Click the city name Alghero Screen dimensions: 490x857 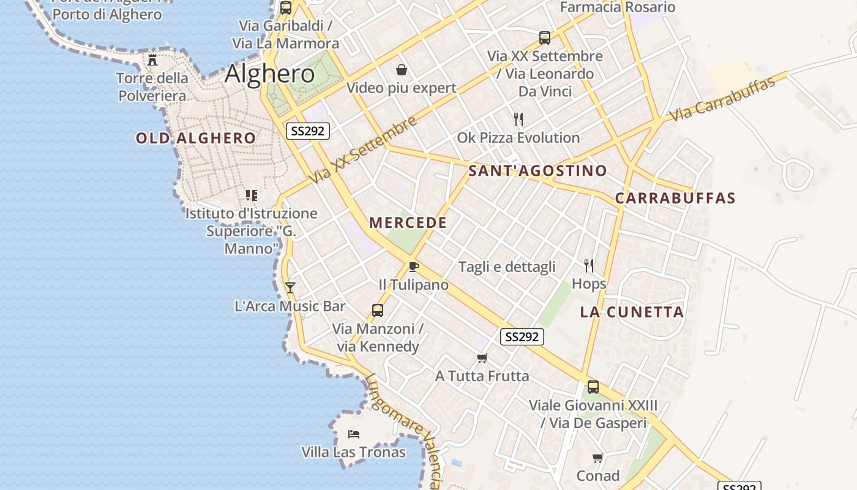pyautogui.click(x=270, y=74)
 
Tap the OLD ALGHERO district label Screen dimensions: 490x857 pyautogui.click(x=196, y=138)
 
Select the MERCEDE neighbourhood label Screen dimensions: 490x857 pyautogui.click(x=408, y=222)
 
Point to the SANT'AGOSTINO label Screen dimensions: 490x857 pyautogui.click(x=537, y=171)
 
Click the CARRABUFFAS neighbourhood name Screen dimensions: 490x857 pyautogui.click(x=675, y=198)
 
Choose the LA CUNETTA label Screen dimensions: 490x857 pyautogui.click(x=632, y=312)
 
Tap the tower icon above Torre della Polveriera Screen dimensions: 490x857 pyautogui.click(x=152, y=60)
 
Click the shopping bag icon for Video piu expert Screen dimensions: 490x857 pyautogui.click(x=402, y=70)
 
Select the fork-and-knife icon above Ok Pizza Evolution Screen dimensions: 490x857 pyautogui.click(x=518, y=119)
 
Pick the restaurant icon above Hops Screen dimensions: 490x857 pyautogui.click(x=589, y=266)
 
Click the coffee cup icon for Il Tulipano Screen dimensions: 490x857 pyautogui.click(x=414, y=266)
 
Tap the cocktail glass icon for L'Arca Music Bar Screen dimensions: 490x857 pyautogui.click(x=290, y=287)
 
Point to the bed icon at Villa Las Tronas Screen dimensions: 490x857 pyautogui.click(x=354, y=434)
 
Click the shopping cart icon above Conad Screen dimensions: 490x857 pyautogui.click(x=598, y=458)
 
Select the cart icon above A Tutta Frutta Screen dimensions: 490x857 pyautogui.click(x=482, y=358)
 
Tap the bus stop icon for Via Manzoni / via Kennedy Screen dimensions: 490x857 pyautogui.click(x=378, y=311)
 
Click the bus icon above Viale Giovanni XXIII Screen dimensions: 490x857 pyautogui.click(x=593, y=387)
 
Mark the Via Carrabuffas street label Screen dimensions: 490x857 pyautogui.click(x=722, y=99)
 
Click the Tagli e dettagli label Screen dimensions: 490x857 pyautogui.click(x=507, y=266)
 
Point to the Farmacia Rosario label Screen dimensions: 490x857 pyautogui.click(x=618, y=7)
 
